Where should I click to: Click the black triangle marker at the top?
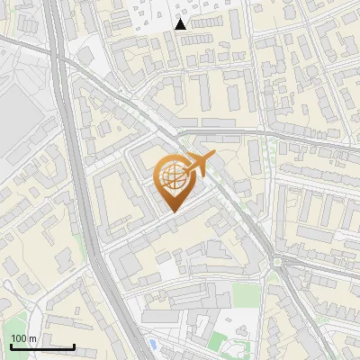tap(181, 24)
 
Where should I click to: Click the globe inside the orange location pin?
tap(171, 176)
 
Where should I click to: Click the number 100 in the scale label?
tap(18, 338)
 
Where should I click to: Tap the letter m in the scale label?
tap(31, 338)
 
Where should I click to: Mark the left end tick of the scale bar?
tap(11, 345)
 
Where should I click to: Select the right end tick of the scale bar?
tap(74, 345)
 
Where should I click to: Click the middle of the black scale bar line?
tap(42, 346)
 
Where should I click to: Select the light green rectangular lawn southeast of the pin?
tap(241, 294)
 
